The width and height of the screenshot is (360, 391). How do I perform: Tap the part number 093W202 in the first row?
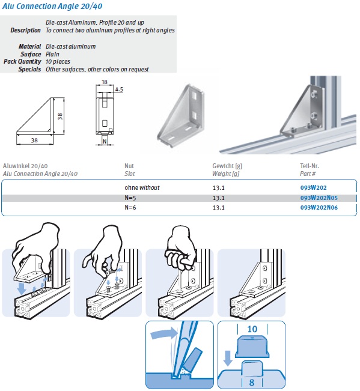pyautogui.click(x=314, y=187)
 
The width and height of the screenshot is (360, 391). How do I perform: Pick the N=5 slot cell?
pyautogui.click(x=132, y=198)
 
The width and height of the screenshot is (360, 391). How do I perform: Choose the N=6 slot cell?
pyautogui.click(x=132, y=208)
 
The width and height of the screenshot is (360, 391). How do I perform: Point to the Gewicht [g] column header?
pyautogui.click(x=227, y=165)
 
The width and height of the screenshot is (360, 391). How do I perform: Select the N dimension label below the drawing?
pyautogui.click(x=104, y=142)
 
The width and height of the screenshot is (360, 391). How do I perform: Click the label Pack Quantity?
pyautogui.click(x=22, y=61)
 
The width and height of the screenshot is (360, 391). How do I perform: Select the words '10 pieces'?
pyautogui.click(x=59, y=61)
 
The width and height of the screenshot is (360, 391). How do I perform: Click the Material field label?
pyautogui.click(x=31, y=46)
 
